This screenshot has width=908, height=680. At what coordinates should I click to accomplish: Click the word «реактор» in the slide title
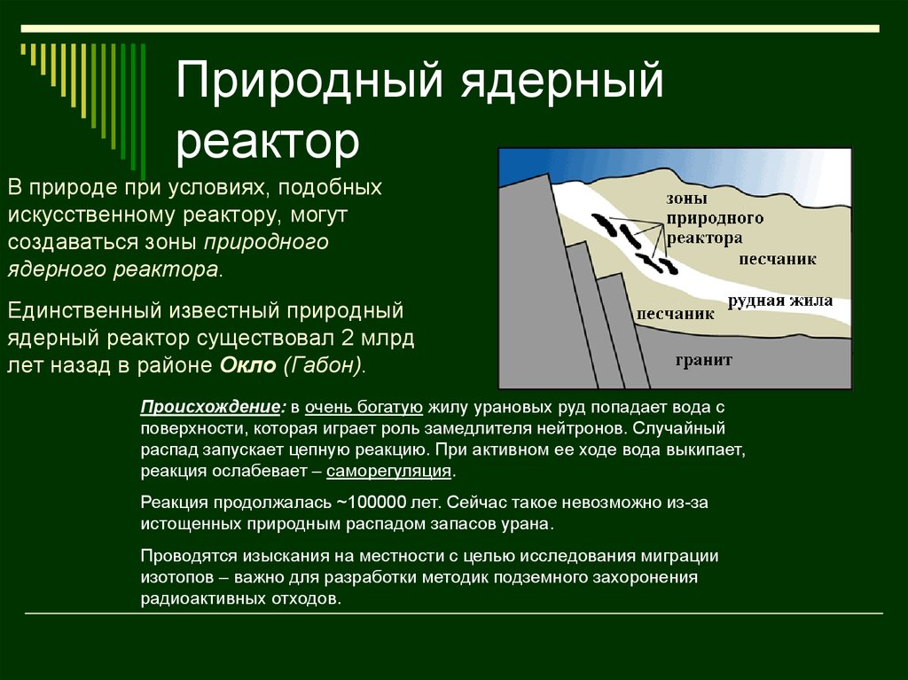pyautogui.click(x=268, y=143)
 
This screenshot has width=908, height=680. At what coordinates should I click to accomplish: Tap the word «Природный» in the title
pyautogui.click(x=309, y=80)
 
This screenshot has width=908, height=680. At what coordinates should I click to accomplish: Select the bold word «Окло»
pyautogui.click(x=248, y=365)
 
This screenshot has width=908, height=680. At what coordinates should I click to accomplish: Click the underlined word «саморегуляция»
pyautogui.click(x=388, y=470)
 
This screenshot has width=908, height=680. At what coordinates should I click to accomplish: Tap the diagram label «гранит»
pyautogui.click(x=703, y=360)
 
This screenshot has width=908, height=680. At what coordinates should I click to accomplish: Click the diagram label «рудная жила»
pyautogui.click(x=780, y=301)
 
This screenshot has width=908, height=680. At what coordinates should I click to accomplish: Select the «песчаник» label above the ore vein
pyautogui.click(x=777, y=259)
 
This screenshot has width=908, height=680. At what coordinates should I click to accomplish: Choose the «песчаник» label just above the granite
pyautogui.click(x=675, y=314)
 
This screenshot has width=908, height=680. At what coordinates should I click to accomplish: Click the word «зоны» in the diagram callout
pyautogui.click(x=687, y=199)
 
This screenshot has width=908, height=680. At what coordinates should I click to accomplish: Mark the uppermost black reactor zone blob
pyautogui.click(x=603, y=224)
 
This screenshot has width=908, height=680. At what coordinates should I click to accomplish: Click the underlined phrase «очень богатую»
pyautogui.click(x=364, y=407)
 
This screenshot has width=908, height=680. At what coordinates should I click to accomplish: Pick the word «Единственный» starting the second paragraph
pyautogui.click(x=84, y=311)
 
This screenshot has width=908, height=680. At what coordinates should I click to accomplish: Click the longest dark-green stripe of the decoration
pyautogui.click(x=143, y=111)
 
